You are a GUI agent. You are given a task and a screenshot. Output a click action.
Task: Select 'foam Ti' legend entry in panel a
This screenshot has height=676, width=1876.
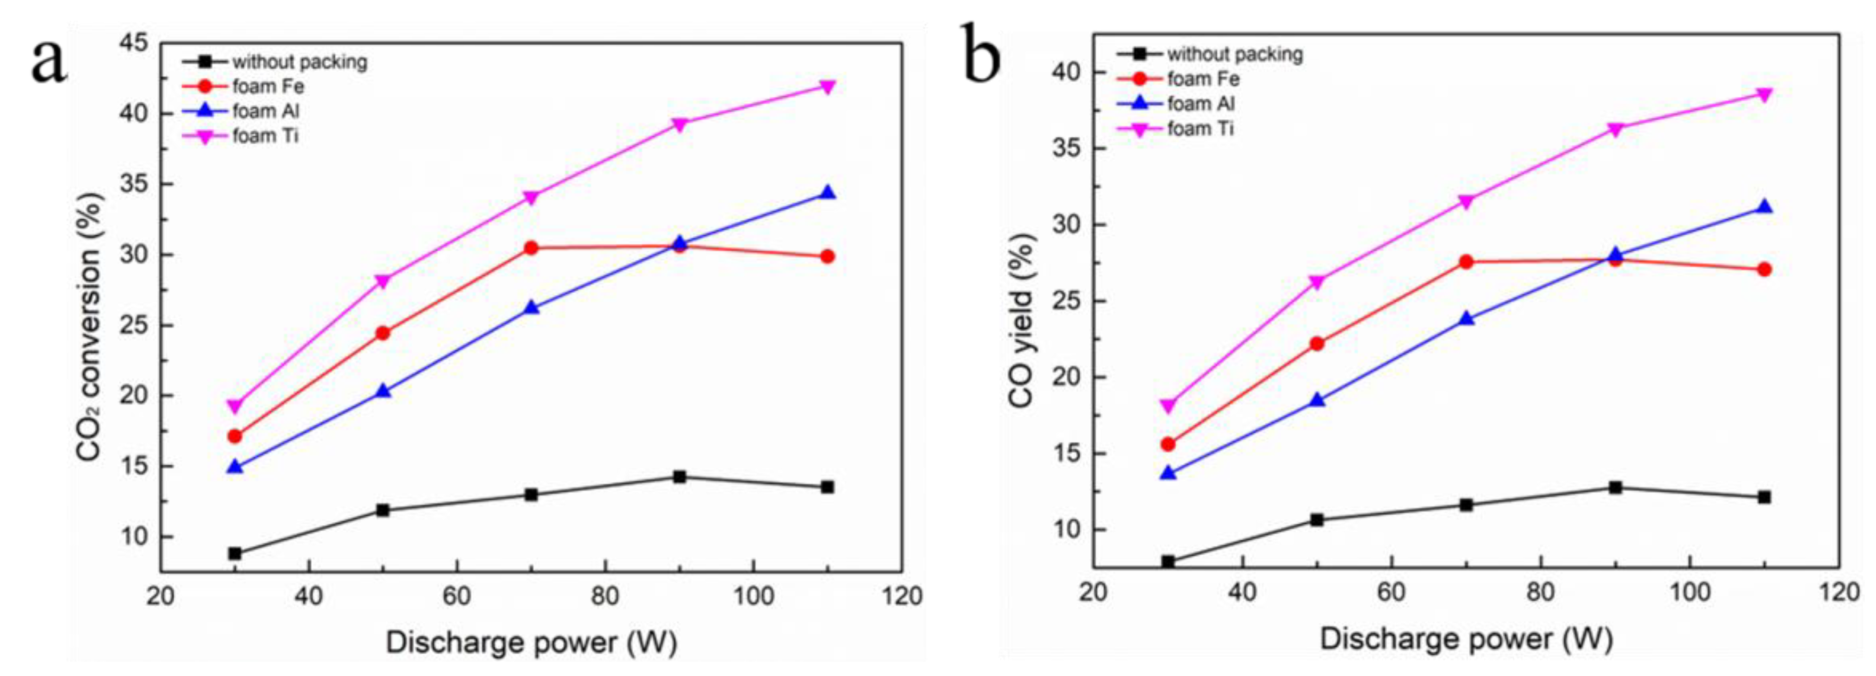[265, 136]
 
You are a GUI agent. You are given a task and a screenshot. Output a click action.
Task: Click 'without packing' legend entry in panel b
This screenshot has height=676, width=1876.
[1234, 54]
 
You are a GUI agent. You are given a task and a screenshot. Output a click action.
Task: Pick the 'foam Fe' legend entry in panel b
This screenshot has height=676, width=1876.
[1203, 79]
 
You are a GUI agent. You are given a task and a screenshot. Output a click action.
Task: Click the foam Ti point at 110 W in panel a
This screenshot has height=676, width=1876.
[827, 87]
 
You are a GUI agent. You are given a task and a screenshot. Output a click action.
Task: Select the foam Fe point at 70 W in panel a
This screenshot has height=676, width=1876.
[531, 248]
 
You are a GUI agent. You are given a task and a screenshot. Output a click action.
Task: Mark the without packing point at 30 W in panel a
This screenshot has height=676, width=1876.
[234, 554]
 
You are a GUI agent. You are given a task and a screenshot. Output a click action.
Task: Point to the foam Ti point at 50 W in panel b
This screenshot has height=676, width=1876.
[1317, 282]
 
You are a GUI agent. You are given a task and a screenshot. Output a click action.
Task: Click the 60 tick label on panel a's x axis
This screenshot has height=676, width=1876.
[457, 597]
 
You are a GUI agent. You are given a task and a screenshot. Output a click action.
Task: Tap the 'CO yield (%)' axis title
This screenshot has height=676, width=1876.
[1021, 320]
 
